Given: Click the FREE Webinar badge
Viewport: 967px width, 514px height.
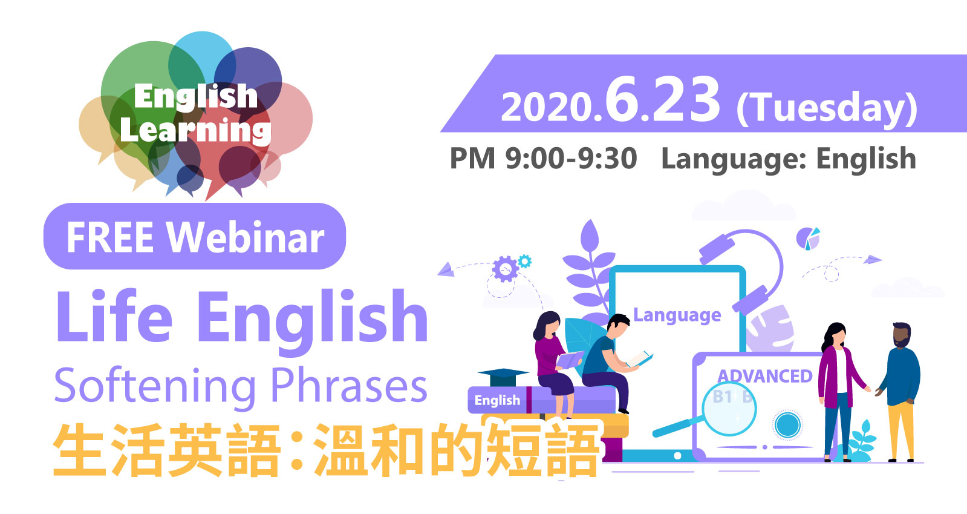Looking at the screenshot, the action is click(x=195, y=236).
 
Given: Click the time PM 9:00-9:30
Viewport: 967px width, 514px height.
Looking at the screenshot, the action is click(x=543, y=158).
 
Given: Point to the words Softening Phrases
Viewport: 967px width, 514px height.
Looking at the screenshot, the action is click(x=241, y=386).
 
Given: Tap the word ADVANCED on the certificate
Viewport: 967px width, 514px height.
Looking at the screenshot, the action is click(x=764, y=377).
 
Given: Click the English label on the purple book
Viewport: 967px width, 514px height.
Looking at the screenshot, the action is click(x=497, y=400).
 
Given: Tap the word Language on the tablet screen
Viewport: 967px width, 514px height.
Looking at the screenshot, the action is click(x=677, y=315).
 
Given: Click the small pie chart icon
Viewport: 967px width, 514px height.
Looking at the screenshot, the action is click(x=808, y=239).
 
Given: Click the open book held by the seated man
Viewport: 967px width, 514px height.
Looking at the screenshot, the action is click(x=640, y=360).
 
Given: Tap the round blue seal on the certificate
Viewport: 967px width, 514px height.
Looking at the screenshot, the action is click(x=787, y=425).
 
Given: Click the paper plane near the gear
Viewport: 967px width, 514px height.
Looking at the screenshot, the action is click(x=446, y=269).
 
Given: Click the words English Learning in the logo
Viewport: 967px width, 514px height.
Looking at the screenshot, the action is click(x=195, y=113).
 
